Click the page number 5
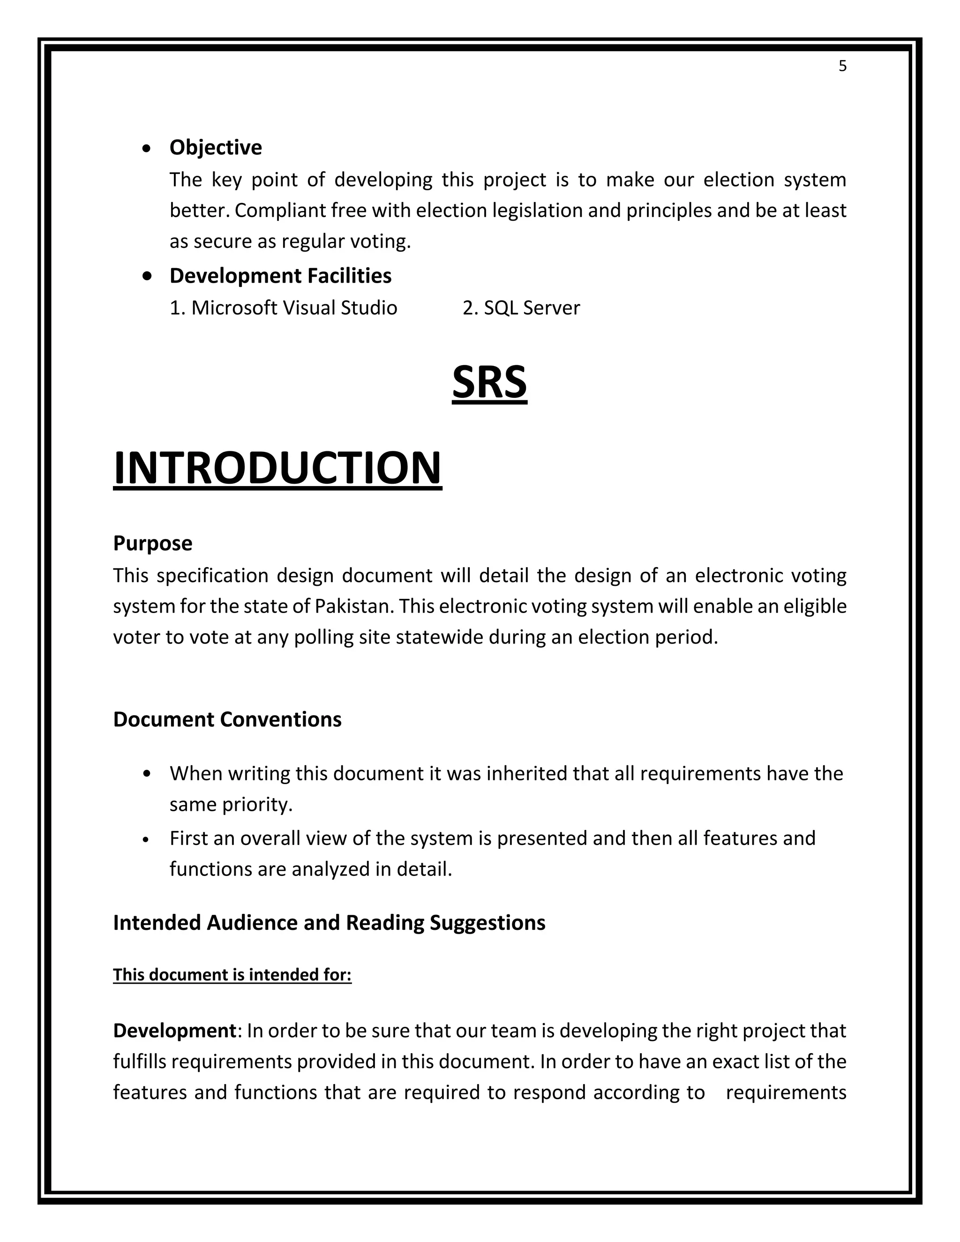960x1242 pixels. (842, 67)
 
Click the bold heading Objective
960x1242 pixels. (216, 148)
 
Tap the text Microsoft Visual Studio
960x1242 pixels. (293, 308)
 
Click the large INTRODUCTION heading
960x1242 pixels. (277, 468)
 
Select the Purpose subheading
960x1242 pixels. (152, 544)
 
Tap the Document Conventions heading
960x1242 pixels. (227, 720)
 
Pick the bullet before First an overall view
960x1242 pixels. (147, 839)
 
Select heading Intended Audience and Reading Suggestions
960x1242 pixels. (329, 923)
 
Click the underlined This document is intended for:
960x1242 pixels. (232, 975)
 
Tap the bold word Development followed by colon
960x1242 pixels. (174, 1031)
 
